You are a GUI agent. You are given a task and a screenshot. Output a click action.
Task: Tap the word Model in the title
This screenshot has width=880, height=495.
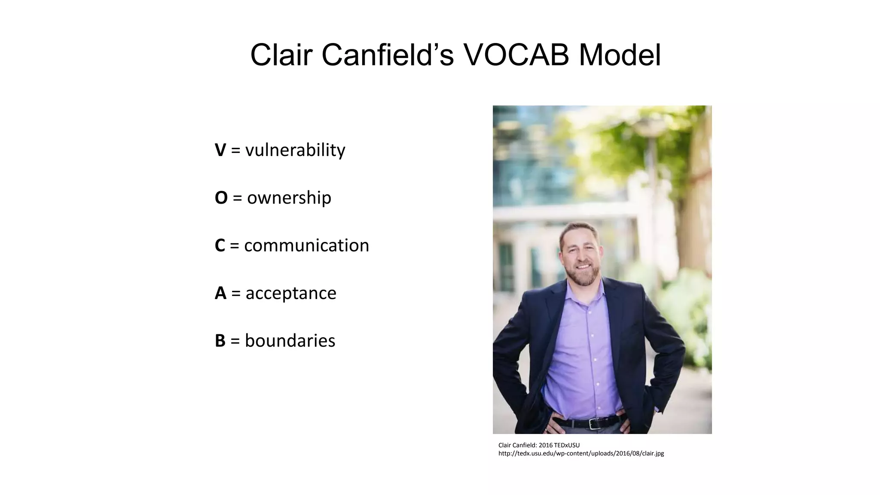tap(620, 55)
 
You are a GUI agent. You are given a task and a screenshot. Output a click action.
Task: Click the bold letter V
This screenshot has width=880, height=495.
tap(220, 150)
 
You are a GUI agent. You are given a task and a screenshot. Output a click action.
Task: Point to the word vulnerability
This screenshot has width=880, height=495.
tap(295, 150)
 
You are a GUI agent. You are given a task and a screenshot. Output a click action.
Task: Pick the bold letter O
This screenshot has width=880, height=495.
tap(221, 198)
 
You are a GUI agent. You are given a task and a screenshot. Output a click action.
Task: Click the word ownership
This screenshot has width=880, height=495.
tap(289, 198)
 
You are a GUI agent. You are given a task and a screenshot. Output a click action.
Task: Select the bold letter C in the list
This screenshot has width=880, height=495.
tap(220, 245)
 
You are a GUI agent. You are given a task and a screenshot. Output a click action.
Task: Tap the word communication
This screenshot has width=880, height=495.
tap(306, 245)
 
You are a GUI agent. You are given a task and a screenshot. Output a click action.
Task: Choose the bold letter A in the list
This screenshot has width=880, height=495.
tap(220, 293)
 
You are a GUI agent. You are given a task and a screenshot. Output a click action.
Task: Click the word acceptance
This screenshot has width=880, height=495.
tap(291, 293)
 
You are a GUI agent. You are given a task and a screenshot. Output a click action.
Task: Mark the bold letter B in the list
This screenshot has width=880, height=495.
tap(220, 341)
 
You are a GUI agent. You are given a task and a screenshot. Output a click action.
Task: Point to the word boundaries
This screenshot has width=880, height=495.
tap(290, 341)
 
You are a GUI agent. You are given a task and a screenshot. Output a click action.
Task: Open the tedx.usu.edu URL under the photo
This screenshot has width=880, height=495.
tap(581, 453)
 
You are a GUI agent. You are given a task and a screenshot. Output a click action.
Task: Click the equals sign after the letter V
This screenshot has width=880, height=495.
tap(235, 150)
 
